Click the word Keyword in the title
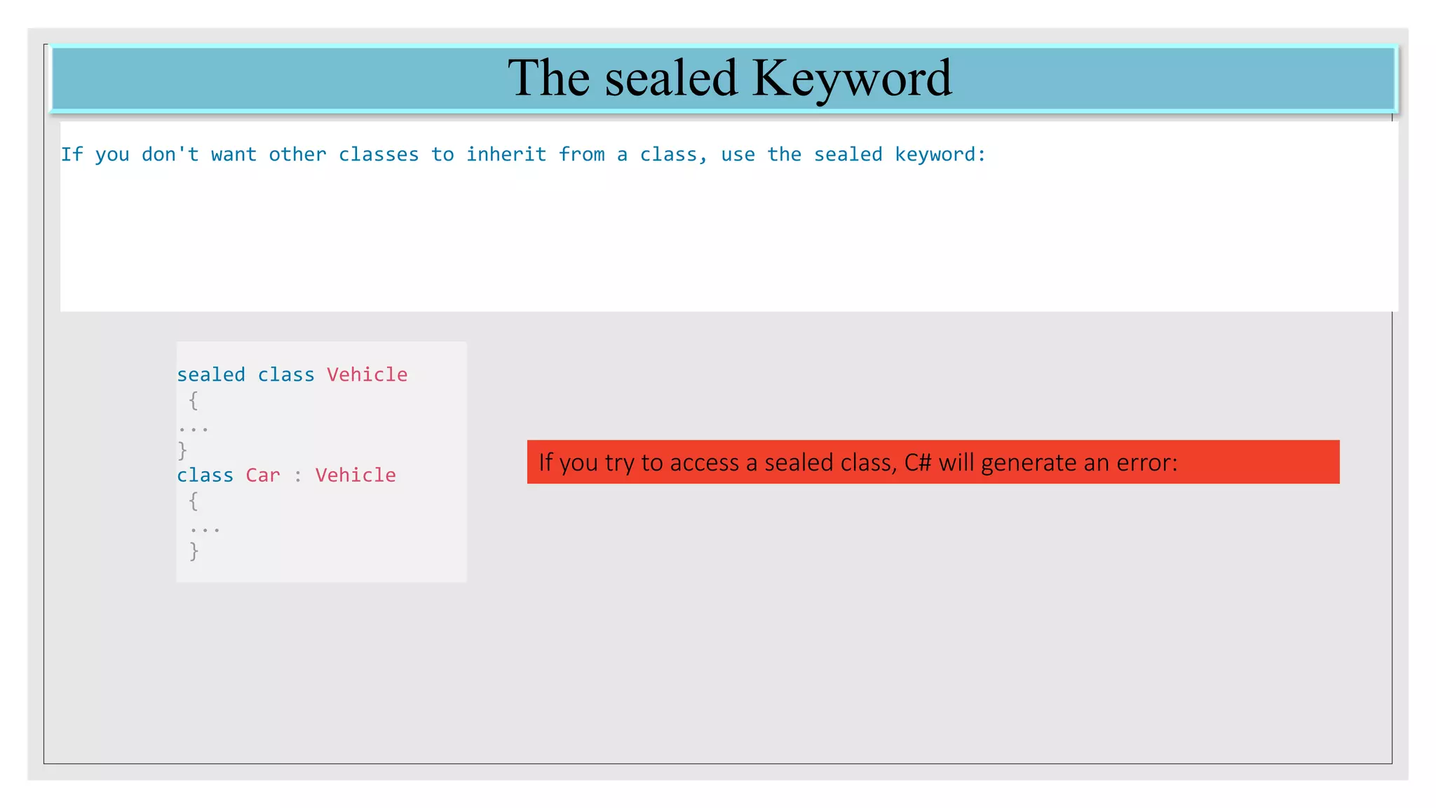[x=852, y=79]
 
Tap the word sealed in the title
[x=671, y=79]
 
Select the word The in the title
[x=548, y=77]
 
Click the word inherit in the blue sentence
[x=506, y=154]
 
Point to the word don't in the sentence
[x=170, y=154]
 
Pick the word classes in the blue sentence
[x=379, y=154]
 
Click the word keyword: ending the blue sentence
[x=940, y=154]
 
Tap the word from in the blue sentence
[x=581, y=154]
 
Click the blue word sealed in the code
[x=211, y=375]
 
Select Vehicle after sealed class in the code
[x=367, y=375]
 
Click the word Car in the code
[x=263, y=475]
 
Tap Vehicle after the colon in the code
[x=355, y=475]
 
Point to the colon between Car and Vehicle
[x=298, y=476]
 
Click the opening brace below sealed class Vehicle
[x=194, y=400]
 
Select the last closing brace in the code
[x=194, y=551]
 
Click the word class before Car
[x=205, y=475]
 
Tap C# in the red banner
[x=918, y=462]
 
